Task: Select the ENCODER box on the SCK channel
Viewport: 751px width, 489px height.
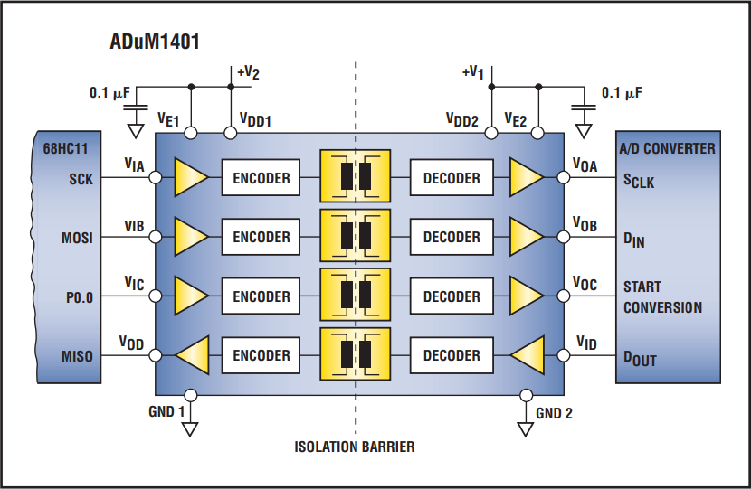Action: click(261, 178)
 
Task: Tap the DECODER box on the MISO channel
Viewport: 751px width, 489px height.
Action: click(452, 355)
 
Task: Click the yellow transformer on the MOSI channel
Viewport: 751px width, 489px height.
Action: click(356, 237)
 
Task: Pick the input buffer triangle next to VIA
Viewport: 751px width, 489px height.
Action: click(191, 178)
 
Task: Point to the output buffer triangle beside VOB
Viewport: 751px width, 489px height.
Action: click(527, 237)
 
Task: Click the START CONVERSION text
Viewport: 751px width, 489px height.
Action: click(662, 297)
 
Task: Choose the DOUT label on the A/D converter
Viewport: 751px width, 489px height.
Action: click(640, 359)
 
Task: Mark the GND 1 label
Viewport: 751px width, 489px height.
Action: click(166, 412)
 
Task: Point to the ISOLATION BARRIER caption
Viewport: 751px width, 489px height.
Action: click(355, 447)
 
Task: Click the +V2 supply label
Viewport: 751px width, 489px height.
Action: click(248, 72)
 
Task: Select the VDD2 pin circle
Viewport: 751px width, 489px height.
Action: click(491, 133)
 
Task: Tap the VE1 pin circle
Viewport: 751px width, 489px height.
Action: click(191, 133)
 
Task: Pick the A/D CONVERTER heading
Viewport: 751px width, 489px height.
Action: click(668, 148)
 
